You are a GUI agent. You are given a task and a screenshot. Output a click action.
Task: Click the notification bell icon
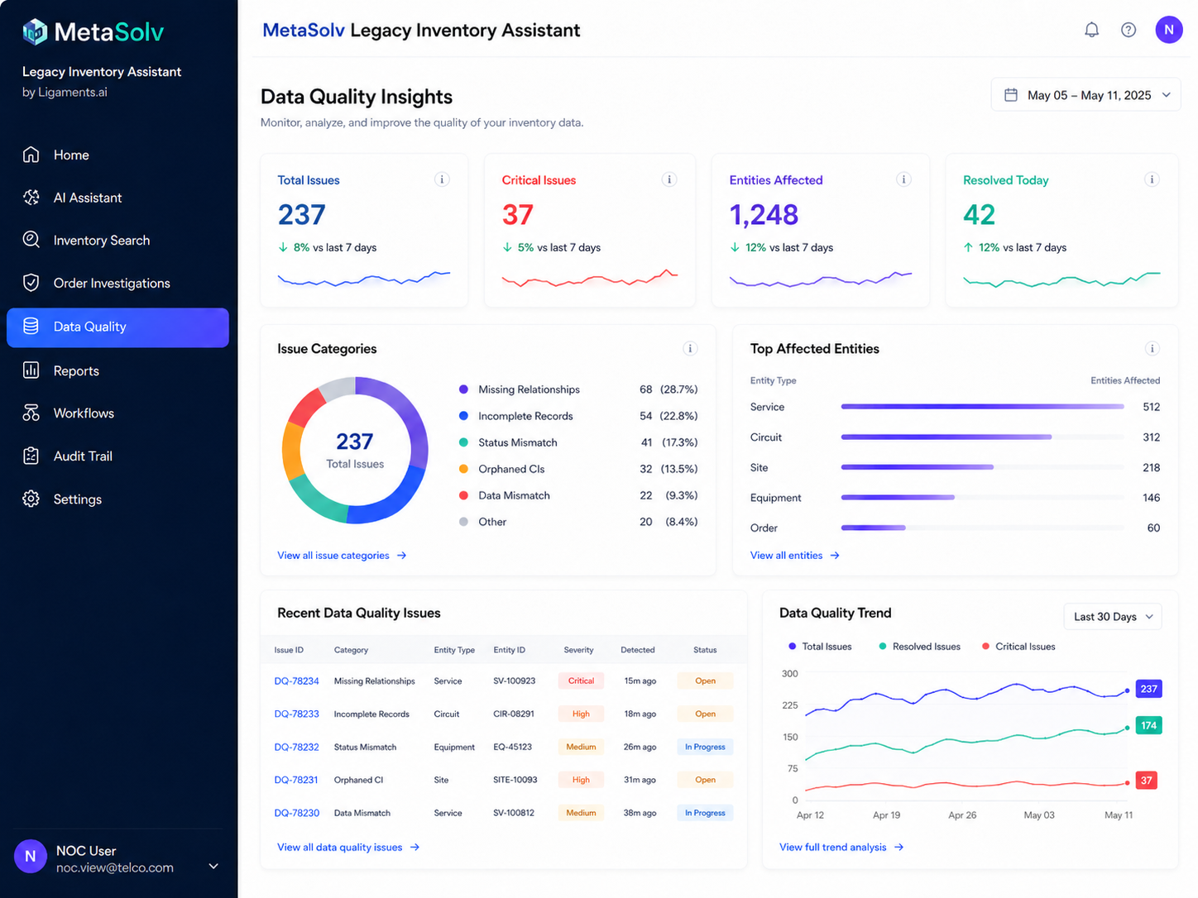pos(1091,30)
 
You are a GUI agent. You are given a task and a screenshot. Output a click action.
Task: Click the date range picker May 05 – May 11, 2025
pos(1085,95)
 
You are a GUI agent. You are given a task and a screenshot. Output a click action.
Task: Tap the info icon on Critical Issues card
pos(669,179)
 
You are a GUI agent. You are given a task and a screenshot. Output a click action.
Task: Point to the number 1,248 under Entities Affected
pos(764,214)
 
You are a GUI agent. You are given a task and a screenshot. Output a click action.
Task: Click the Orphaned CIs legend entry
pos(510,469)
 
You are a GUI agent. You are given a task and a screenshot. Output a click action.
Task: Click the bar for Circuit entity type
pos(946,437)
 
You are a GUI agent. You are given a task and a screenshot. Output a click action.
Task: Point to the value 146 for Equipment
pos(1151,497)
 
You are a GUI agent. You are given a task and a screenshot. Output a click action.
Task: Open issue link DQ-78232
pos(296,747)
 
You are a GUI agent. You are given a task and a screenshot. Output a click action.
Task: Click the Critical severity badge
pos(581,681)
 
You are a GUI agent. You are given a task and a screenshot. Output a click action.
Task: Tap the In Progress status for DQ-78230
pos(705,812)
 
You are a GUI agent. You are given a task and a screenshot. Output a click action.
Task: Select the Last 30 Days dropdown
pos(1112,617)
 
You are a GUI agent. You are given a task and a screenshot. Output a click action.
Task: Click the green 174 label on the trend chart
pos(1148,725)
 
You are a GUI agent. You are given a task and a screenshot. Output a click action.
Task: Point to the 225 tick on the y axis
pos(790,705)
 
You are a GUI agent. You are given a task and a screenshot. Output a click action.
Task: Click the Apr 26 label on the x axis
pos(962,815)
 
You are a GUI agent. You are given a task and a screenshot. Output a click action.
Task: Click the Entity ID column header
pos(509,649)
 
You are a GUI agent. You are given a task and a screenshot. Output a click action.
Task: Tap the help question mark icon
pos(1129,30)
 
